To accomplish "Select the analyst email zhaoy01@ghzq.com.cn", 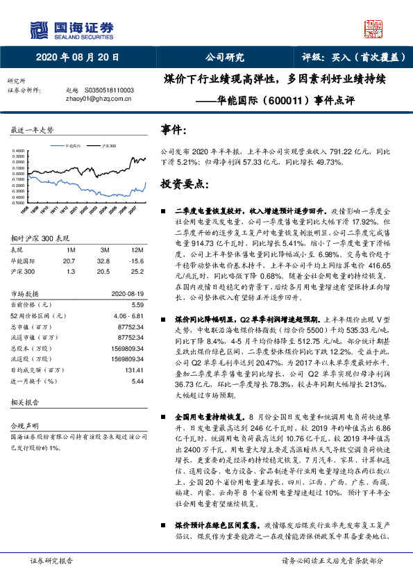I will pos(94,99).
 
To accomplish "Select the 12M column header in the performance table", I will pos(136,249).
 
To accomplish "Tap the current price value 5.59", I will pos(137,304).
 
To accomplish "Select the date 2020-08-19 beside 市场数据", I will pos(128,293).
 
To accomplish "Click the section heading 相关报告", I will pos(25,403).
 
